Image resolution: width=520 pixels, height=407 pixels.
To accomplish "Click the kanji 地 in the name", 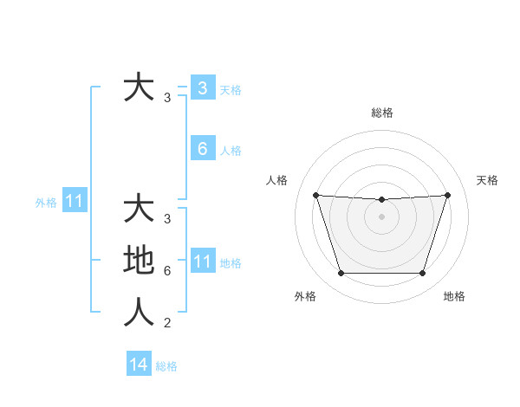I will tap(139, 261).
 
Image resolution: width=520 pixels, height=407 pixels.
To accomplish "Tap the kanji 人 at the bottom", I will tap(139, 313).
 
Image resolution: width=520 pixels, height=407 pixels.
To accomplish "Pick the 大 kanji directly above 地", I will tap(139, 209).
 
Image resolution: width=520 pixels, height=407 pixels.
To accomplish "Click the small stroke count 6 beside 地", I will tap(167, 271).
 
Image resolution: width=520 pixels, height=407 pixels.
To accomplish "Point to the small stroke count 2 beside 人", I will tap(167, 323).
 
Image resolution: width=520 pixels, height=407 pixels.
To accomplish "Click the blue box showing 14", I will tap(139, 365).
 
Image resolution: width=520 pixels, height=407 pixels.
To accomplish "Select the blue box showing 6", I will tap(202, 149).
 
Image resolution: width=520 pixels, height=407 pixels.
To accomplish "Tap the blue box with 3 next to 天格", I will tap(202, 87).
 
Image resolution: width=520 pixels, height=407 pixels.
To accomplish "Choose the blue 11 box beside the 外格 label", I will tap(75, 202).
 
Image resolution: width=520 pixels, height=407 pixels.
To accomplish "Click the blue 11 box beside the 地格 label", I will tap(202, 262).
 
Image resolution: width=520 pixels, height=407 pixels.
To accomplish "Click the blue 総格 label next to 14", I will tap(166, 366).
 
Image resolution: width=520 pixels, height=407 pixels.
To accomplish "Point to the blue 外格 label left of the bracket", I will tap(46, 203).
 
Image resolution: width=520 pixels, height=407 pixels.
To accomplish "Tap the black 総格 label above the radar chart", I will tap(382, 113).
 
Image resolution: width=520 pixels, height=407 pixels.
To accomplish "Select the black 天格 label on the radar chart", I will tap(487, 180).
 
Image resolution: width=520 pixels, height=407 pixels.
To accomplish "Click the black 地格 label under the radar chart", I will tap(454, 296).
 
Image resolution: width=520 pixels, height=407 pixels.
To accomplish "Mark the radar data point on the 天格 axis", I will tap(448, 195).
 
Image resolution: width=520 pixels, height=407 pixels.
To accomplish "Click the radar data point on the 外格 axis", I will tap(341, 274).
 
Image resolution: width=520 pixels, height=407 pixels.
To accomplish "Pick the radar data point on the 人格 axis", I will tap(315, 195).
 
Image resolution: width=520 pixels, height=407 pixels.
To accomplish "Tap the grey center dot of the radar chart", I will tap(382, 216).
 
